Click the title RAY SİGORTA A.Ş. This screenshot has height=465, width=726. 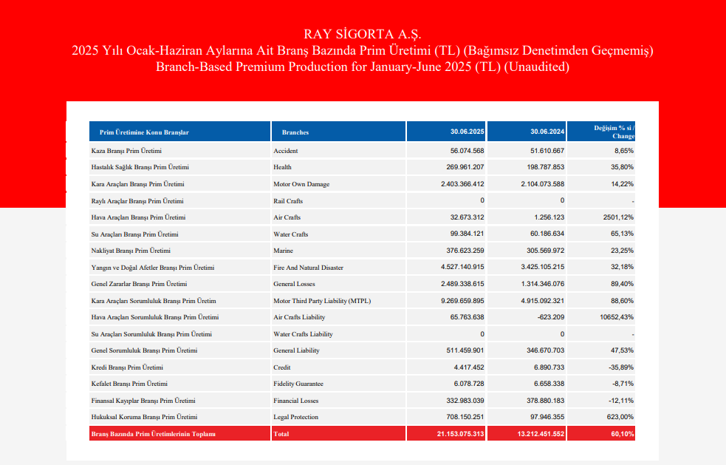click(362, 34)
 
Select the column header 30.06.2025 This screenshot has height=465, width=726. click(468, 132)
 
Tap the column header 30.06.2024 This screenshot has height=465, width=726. click(547, 132)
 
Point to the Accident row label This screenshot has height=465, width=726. click(286, 151)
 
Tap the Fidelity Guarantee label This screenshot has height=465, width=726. click(298, 384)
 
